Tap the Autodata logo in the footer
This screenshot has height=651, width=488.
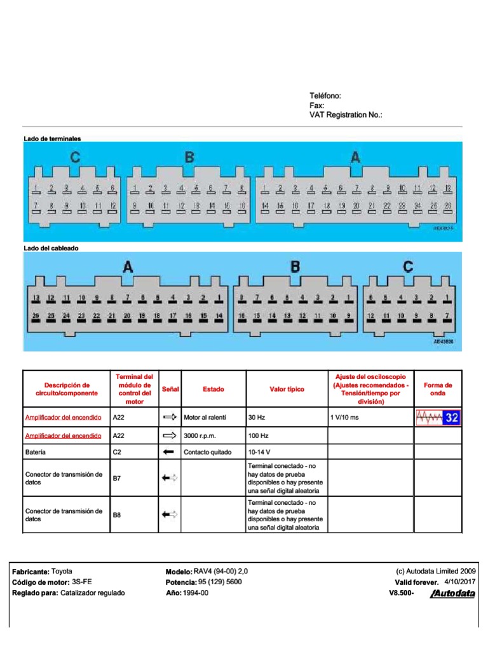pyautogui.click(x=452, y=594)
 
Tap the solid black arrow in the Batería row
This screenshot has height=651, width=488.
pyautogui.click(x=168, y=453)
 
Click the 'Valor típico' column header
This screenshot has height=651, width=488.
pyautogui.click(x=287, y=389)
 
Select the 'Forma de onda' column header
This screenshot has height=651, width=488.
pyautogui.click(x=438, y=389)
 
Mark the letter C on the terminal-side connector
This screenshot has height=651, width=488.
pyautogui.click(x=75, y=158)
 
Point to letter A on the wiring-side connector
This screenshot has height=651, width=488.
pyautogui.click(x=128, y=268)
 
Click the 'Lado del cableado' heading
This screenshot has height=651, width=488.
pyautogui.click(x=51, y=248)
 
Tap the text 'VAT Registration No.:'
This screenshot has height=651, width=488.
pyautogui.click(x=346, y=115)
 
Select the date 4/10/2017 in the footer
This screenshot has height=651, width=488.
pyautogui.click(x=459, y=582)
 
